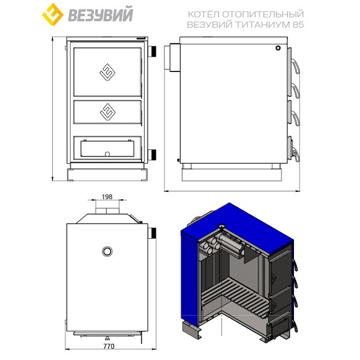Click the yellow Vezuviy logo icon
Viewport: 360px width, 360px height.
[53, 14]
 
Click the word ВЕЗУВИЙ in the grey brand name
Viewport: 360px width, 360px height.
[101, 15]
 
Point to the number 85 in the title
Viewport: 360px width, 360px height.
[298, 25]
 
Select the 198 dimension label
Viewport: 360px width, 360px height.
[107, 197]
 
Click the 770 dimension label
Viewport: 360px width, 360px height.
[109, 346]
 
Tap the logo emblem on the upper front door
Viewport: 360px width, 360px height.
[107, 72]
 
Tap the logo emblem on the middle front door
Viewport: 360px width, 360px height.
[107, 112]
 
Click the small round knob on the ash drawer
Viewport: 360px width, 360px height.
[107, 154]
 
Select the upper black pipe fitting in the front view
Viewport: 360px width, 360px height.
[152, 52]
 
